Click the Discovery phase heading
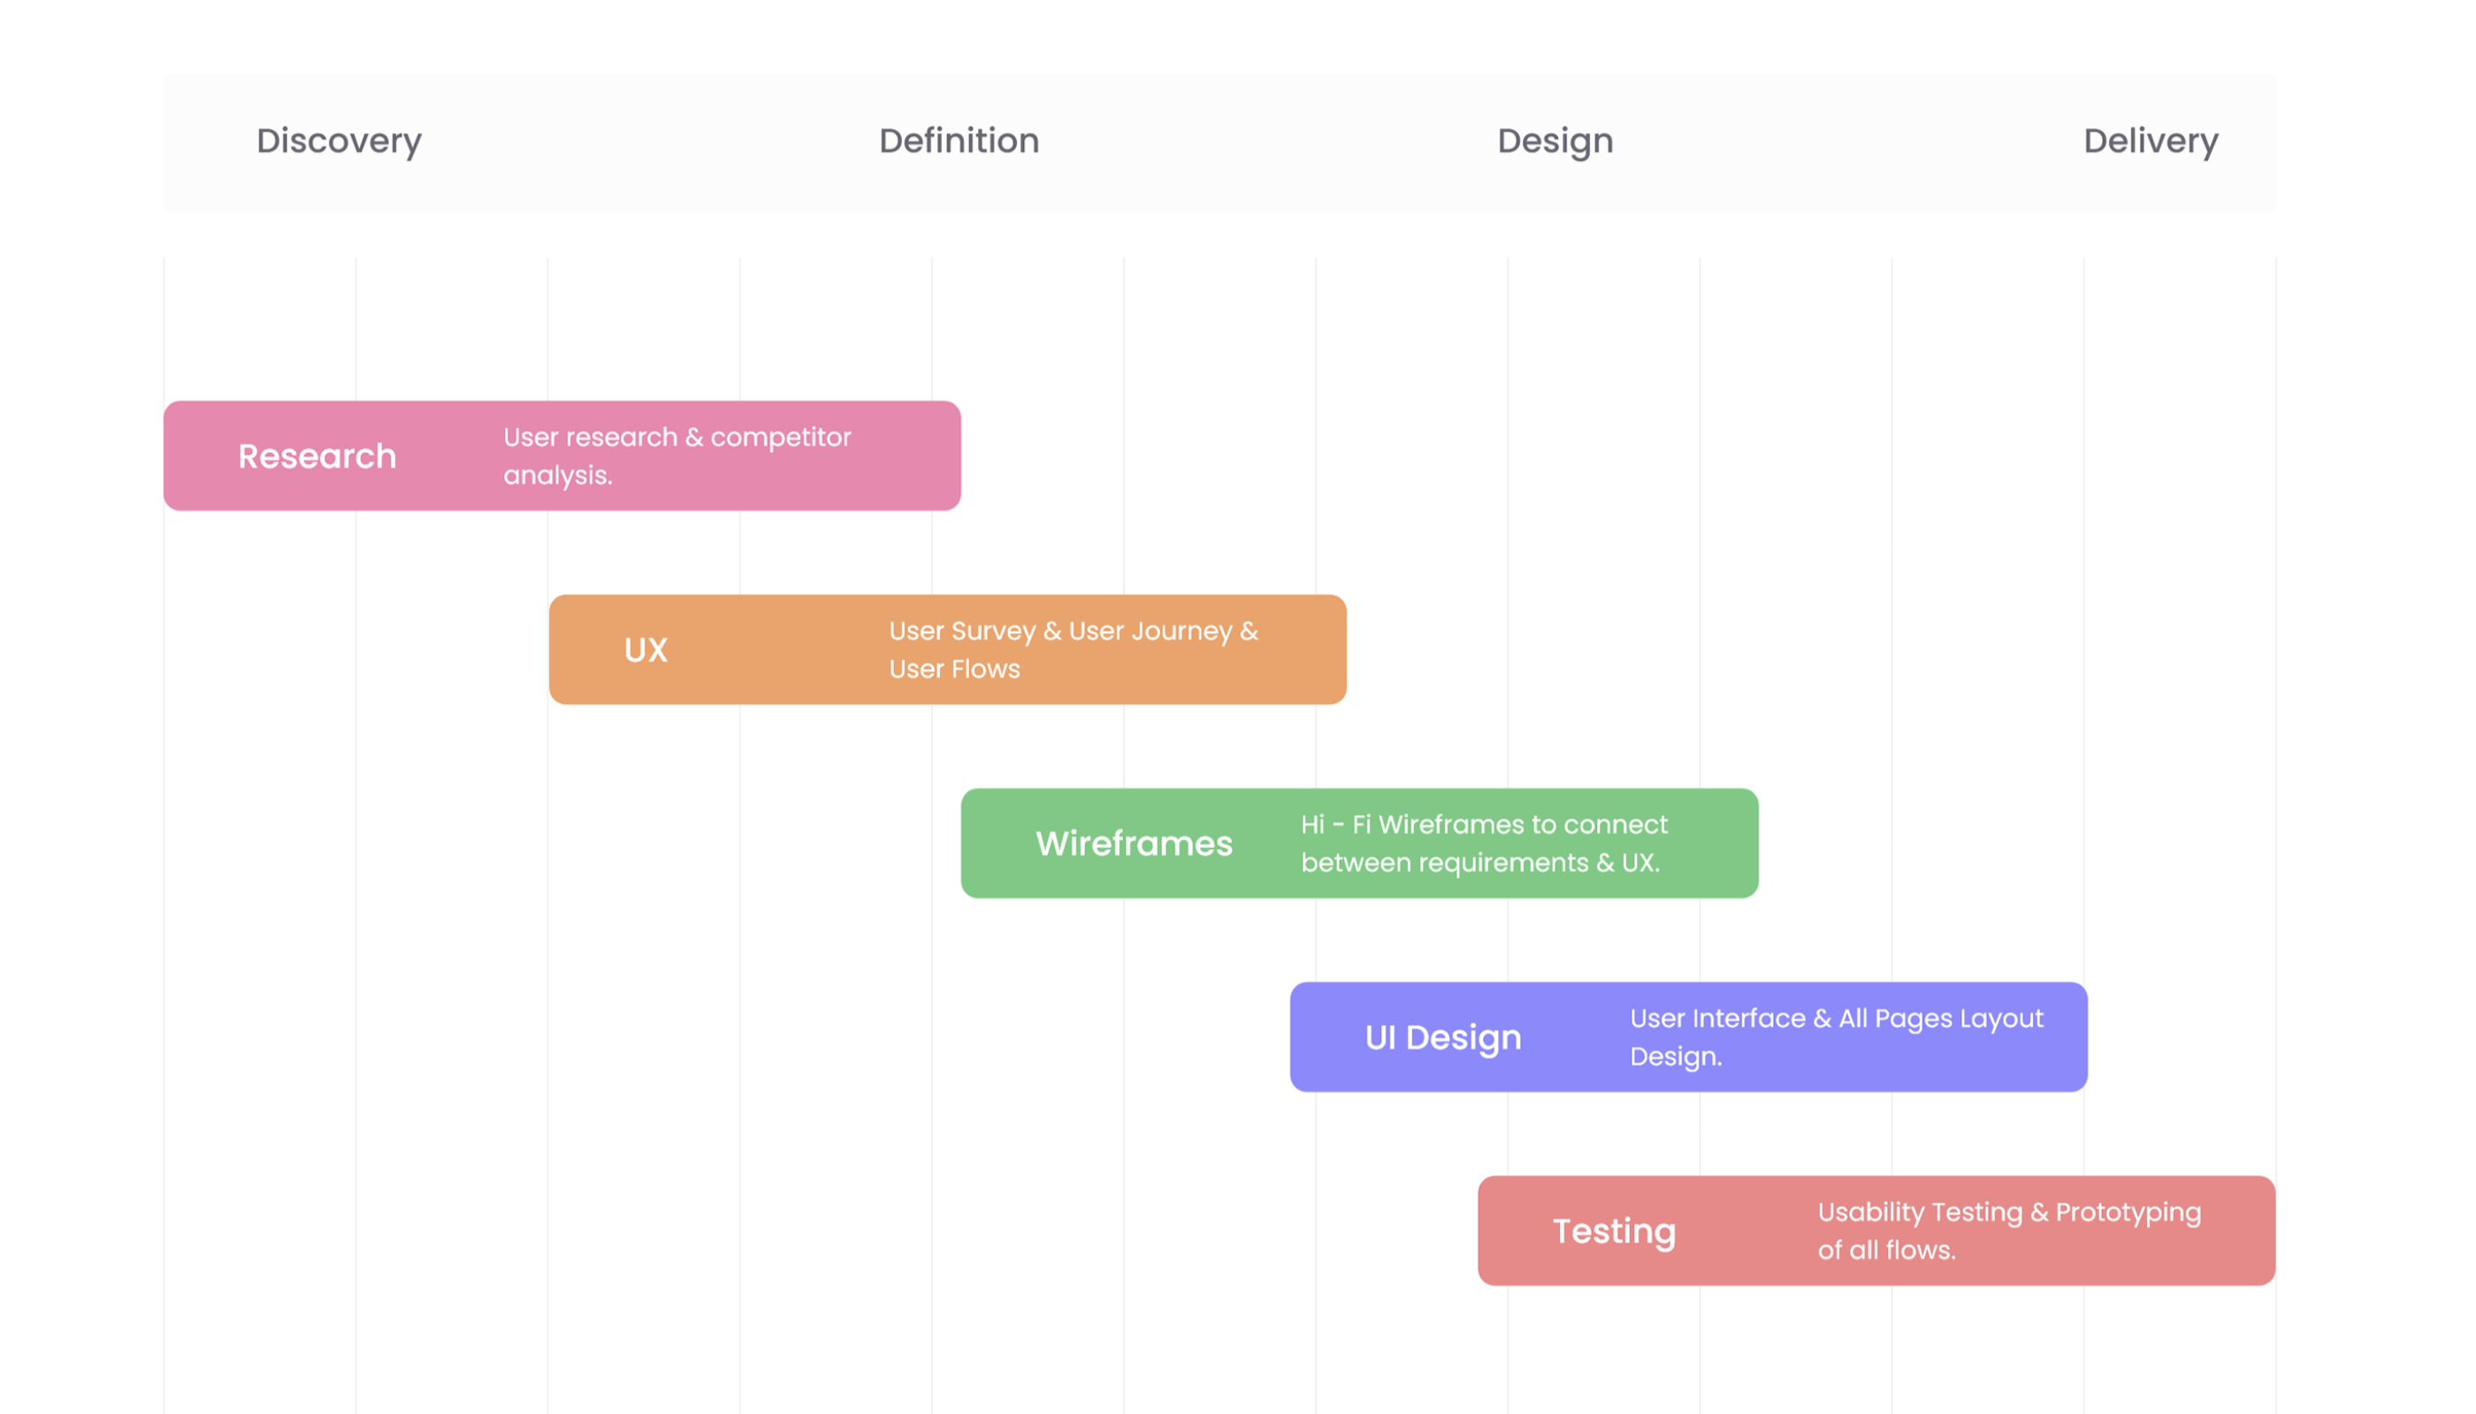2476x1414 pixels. [x=339, y=141]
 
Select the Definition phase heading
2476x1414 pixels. [x=959, y=141]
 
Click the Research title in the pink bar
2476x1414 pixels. [x=317, y=456]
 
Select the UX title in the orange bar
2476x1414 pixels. [x=646, y=650]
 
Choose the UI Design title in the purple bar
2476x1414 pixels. [x=1442, y=1038]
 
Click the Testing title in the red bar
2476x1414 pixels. [x=1613, y=1233]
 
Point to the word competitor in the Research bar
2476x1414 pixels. [x=780, y=438]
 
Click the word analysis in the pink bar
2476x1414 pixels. [x=557, y=476]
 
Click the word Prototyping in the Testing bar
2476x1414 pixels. [x=2128, y=1213]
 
